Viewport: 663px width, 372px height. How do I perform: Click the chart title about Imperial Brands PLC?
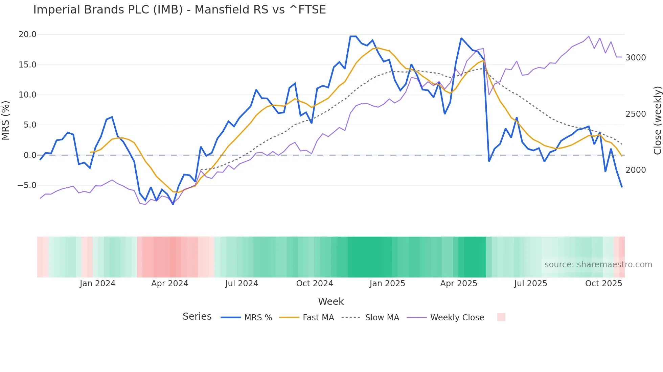point(179,10)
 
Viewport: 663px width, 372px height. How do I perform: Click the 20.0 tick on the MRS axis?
point(27,34)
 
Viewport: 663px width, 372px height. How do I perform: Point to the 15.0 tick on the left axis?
point(27,65)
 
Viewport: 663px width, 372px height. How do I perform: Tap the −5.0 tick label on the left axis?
point(27,185)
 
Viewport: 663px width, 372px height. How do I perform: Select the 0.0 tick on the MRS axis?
point(30,155)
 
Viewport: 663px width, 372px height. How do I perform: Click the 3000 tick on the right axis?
point(636,58)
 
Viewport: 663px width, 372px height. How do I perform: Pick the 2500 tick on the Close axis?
point(636,114)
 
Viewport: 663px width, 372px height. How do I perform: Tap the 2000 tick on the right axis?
point(636,170)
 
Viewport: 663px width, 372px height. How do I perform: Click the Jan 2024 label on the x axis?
point(97,284)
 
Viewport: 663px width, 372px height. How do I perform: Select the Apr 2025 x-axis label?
point(458,284)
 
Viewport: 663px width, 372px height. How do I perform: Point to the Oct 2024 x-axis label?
point(315,284)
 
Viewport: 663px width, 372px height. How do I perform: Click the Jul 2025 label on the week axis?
point(530,284)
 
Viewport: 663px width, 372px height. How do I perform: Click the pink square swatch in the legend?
point(501,317)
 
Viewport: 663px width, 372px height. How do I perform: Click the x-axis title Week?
point(331,301)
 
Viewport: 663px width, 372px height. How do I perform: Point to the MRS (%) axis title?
point(5,121)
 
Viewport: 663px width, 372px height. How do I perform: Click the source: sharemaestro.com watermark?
point(598,265)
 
